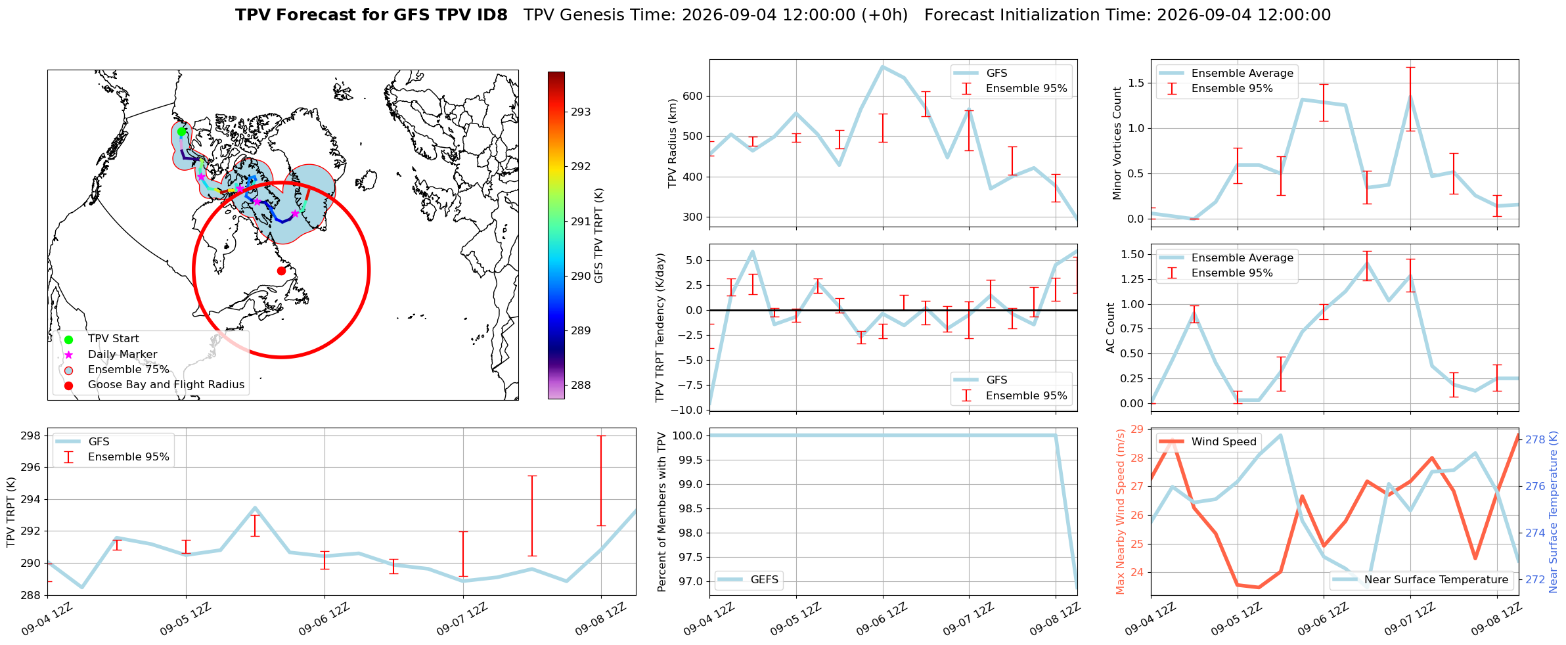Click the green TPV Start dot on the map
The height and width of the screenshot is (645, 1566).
click(x=181, y=131)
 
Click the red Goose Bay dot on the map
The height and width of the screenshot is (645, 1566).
click(x=281, y=271)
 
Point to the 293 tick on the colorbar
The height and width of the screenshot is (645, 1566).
click(x=581, y=112)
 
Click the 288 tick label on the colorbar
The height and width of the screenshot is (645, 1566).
click(x=581, y=386)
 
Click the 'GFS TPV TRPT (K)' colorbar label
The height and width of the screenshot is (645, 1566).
click(x=598, y=236)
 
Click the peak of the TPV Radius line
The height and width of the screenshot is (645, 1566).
click(x=882, y=66)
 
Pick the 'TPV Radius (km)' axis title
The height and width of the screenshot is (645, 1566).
click(x=672, y=143)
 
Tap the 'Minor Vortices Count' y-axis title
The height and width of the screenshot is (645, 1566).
click(x=1117, y=143)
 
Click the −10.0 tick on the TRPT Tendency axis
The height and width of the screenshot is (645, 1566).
click(x=688, y=410)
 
